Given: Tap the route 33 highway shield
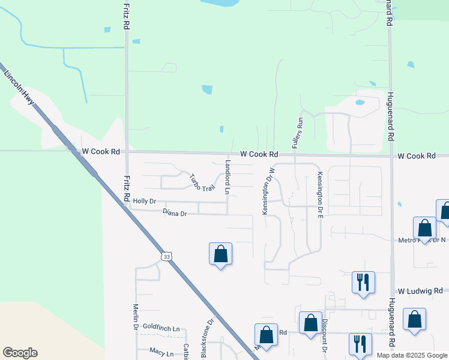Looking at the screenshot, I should coord(166,256).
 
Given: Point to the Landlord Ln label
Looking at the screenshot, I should coord(228,177).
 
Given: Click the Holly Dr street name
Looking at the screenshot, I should coord(145,202).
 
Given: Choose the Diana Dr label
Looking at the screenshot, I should coord(175,212).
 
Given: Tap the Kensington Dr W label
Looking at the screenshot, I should coord(264,193).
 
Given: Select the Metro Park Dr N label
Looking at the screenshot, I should coord(422,240).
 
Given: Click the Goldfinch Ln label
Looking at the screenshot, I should coord(161,328).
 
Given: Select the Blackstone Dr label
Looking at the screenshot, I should coord(206,337).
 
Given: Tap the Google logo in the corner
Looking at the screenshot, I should coord(20,353).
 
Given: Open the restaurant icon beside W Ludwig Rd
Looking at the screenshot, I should coord(363,281).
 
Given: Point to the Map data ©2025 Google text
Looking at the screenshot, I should coord(412,355).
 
